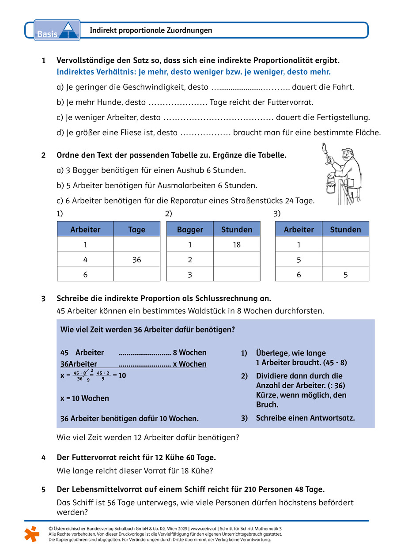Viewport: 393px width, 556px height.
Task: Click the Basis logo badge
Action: coord(57,30)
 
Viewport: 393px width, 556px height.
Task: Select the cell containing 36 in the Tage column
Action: coord(136,260)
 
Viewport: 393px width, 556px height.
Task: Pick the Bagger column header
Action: coord(190,229)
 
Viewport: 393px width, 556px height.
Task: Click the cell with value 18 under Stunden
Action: coord(237,244)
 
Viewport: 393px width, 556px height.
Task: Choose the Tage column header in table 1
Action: coord(136,229)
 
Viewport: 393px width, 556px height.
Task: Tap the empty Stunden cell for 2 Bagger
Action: coord(237,260)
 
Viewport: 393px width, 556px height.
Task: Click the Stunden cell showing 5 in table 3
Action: coord(345,274)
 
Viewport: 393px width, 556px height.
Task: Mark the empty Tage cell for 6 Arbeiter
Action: coord(136,274)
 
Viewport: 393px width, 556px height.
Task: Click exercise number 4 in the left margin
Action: coord(43,458)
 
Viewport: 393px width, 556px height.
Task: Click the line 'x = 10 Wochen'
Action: coord(84,398)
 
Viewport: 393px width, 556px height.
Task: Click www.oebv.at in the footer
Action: coord(203,528)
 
